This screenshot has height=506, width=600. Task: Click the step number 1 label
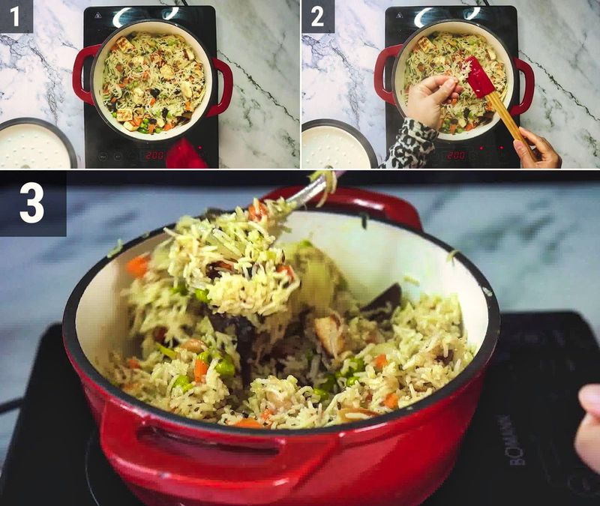[x=16, y=16]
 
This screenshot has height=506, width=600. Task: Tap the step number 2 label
[x=318, y=16]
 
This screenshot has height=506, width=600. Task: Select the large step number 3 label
[x=32, y=203]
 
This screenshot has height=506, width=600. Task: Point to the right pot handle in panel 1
[x=223, y=87]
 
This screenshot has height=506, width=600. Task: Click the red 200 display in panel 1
[x=154, y=154]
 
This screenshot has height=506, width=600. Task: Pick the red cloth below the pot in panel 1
[x=184, y=155]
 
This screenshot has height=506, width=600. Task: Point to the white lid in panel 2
[x=336, y=145]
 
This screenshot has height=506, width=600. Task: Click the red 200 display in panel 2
[x=455, y=154]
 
